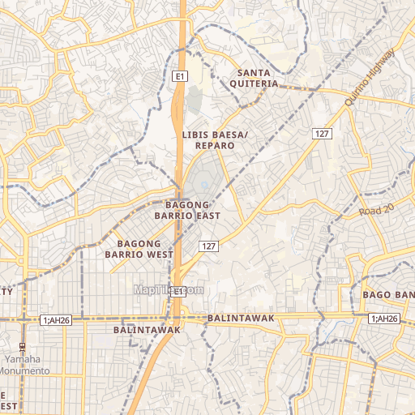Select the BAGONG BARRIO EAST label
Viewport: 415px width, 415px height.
tap(187, 210)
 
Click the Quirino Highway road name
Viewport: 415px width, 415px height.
tap(369, 77)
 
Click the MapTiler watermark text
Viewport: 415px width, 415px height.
tap(169, 289)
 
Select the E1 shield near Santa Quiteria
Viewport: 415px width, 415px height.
tap(180, 76)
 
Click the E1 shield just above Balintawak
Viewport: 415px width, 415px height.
tap(178, 302)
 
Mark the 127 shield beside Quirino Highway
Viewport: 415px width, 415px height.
tap(323, 132)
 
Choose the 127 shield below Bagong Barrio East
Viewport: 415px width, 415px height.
tap(208, 246)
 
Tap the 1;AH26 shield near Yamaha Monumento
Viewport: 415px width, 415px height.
tap(57, 320)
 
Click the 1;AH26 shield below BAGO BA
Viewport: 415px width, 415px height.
tap(384, 319)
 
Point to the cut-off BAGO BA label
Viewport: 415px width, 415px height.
tap(388, 293)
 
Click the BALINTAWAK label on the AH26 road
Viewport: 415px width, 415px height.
tap(242, 319)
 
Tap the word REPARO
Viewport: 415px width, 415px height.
tap(215, 146)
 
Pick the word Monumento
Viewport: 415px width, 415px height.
tap(24, 370)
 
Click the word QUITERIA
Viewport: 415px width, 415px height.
tap(253, 83)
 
